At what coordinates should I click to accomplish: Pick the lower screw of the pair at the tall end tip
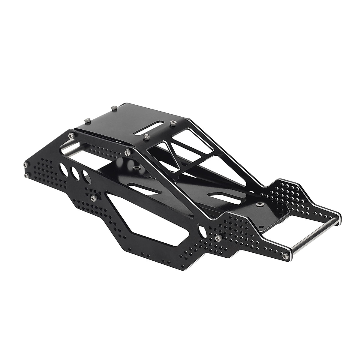[27, 174]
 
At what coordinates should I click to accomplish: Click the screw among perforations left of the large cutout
[93, 198]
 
